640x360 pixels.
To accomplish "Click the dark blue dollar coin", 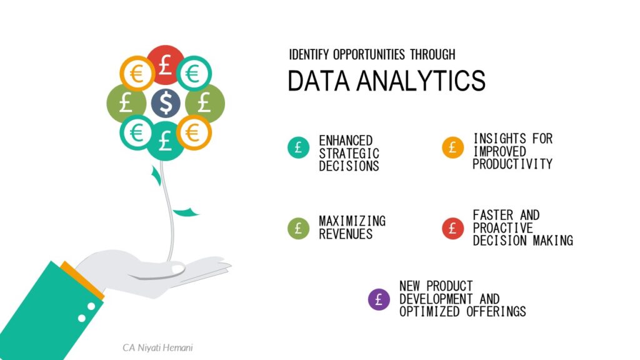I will tap(166, 104).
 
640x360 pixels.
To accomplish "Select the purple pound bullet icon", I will tap(379, 299).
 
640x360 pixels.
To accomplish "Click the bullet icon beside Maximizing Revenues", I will tap(298, 228).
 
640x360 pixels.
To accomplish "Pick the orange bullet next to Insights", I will tap(452, 148).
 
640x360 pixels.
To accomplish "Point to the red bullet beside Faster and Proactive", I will tap(452, 228).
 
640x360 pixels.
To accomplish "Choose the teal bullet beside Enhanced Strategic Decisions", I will tap(298, 148).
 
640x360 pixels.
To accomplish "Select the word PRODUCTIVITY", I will tap(512, 164).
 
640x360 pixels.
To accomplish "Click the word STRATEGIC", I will tap(349, 153).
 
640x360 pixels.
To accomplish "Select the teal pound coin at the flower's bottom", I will tap(166, 142).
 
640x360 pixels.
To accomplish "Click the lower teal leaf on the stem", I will tap(186, 212).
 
